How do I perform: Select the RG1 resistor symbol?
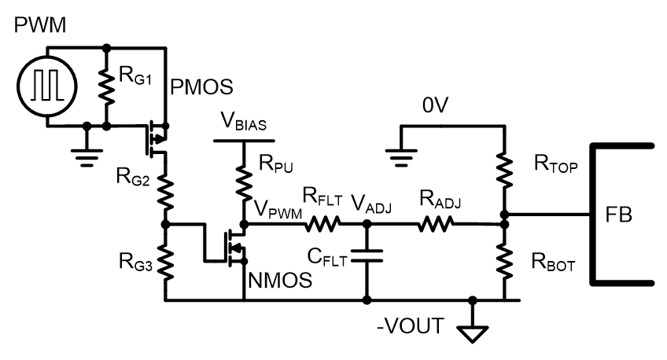point(107,86)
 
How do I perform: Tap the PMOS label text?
point(201,87)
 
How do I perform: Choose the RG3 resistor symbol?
point(166,262)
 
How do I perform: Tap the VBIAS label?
point(244,121)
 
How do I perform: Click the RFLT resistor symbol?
point(322,223)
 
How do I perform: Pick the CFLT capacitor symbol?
point(367,256)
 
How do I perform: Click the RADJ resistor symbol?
point(436,223)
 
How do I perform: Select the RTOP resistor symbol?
point(505,171)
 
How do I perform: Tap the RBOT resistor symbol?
point(505,261)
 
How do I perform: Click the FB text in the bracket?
point(618,215)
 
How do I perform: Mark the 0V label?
point(435,105)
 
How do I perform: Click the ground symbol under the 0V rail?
point(400,158)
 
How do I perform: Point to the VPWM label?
point(278,208)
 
